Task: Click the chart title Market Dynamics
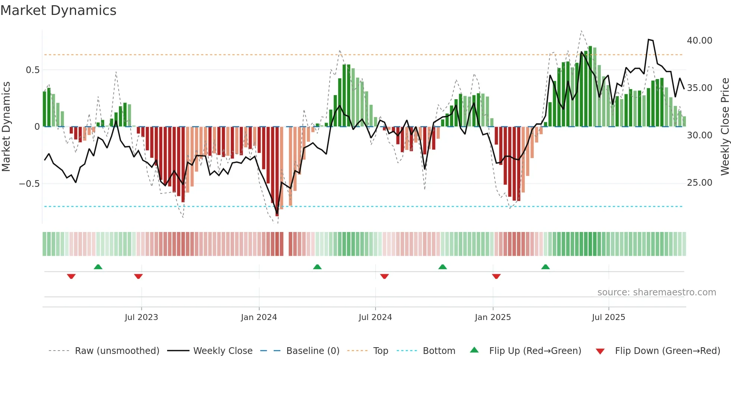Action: click(58, 10)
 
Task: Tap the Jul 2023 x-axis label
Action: click(141, 317)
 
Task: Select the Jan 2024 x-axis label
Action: click(259, 317)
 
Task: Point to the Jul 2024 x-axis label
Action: click(375, 317)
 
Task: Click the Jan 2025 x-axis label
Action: click(493, 317)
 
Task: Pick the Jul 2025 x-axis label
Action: click(608, 317)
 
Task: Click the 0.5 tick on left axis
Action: click(32, 70)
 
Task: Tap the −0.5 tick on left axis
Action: click(29, 184)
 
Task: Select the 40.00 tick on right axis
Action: click(699, 41)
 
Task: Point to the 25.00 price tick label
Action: click(699, 183)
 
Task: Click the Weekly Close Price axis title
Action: click(725, 127)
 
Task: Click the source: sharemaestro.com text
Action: click(656, 292)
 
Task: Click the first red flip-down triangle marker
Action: click(71, 276)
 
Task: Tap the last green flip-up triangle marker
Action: click(545, 267)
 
